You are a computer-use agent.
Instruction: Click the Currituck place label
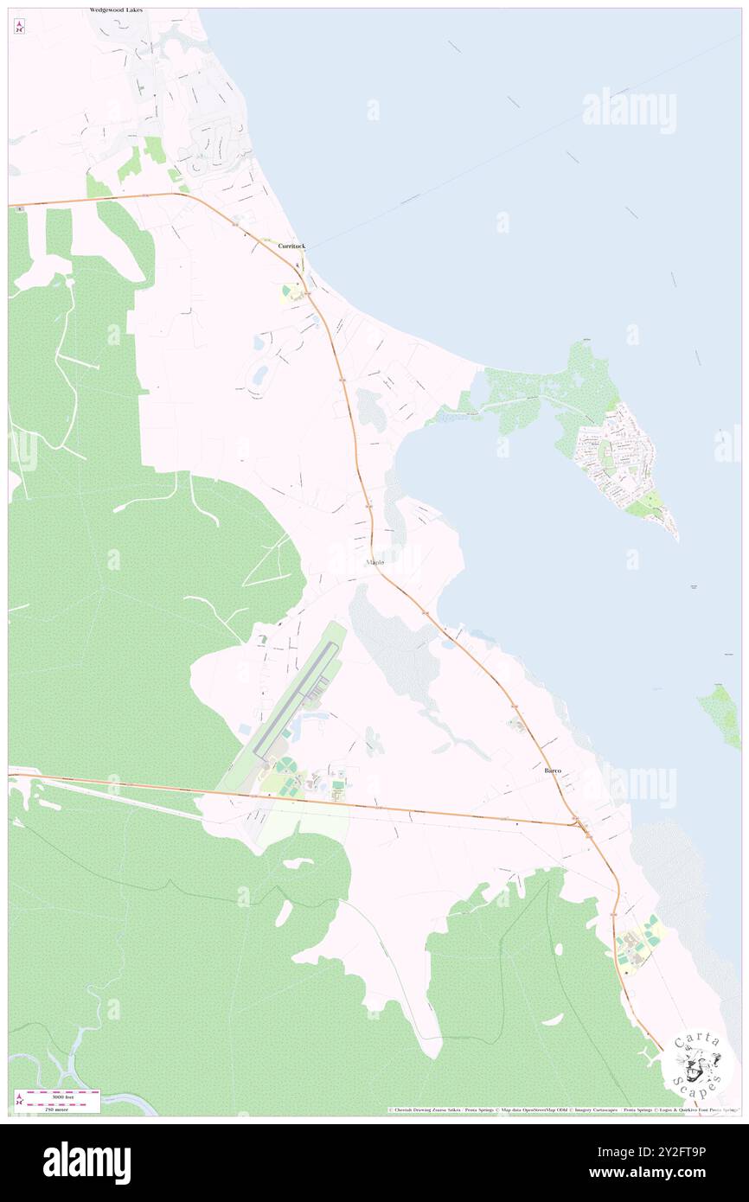(x=291, y=246)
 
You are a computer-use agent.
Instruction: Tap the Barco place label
(x=553, y=770)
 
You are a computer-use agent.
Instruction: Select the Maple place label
(x=374, y=562)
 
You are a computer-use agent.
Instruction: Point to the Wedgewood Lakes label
(x=116, y=10)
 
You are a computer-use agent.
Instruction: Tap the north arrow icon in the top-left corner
(x=19, y=26)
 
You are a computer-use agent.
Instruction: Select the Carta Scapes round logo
(x=697, y=1071)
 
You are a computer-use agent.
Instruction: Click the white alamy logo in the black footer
(x=86, y=1163)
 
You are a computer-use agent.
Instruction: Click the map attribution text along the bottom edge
(x=562, y=1109)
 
